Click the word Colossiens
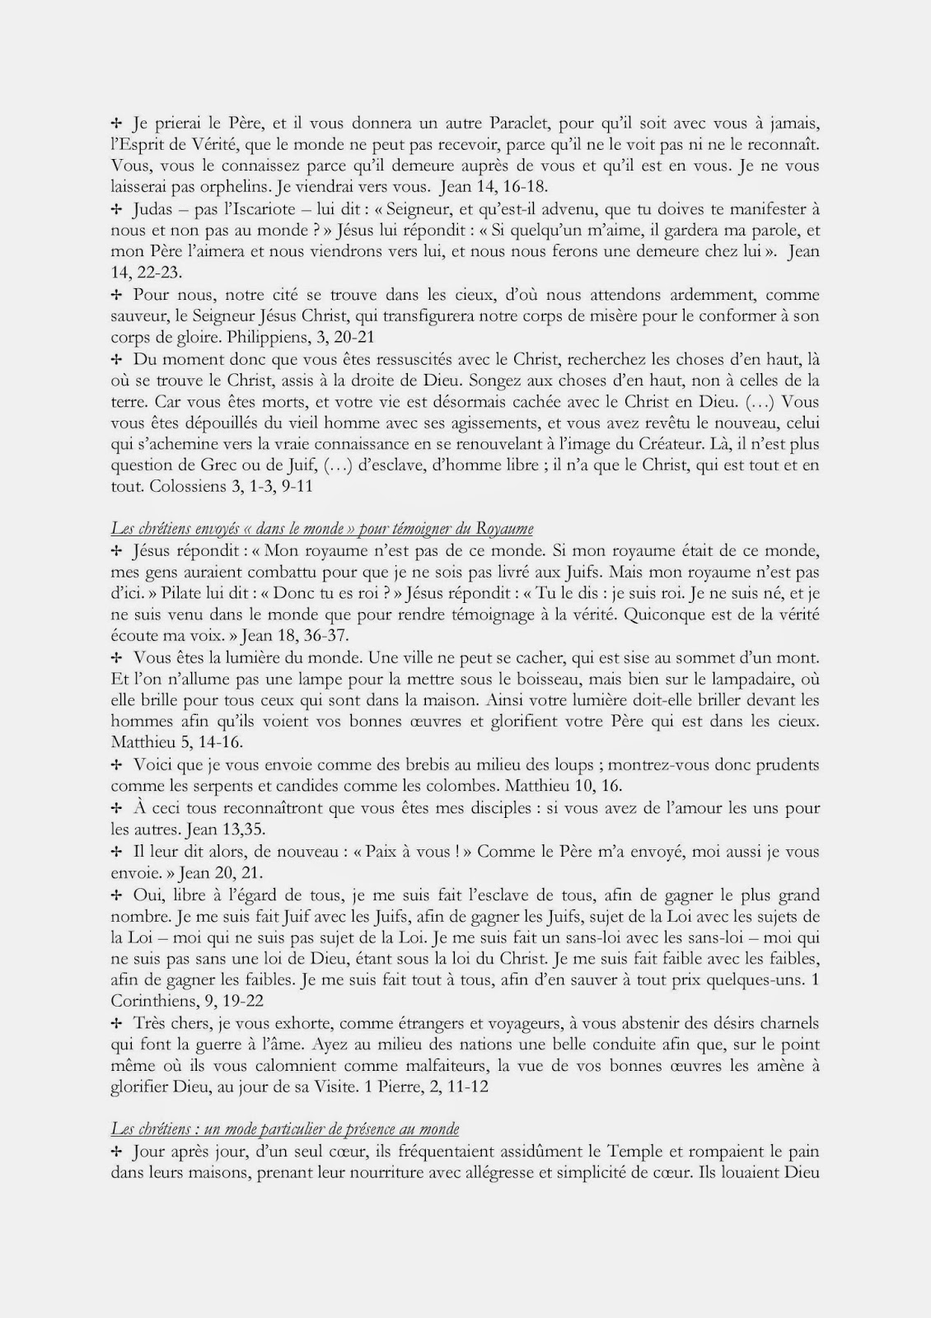pos(189,487)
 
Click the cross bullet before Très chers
pos(116,1023)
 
